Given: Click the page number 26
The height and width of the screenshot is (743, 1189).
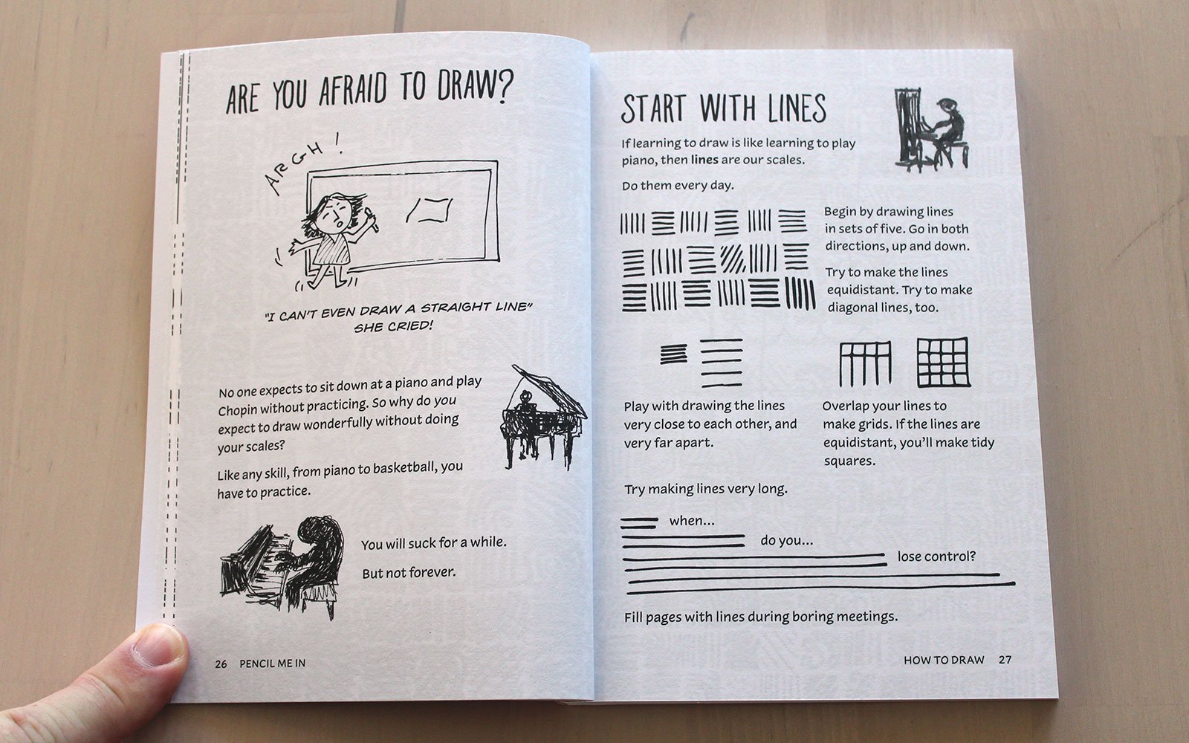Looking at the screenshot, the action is (221, 664).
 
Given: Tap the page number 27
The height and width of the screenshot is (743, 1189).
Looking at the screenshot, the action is (1005, 660).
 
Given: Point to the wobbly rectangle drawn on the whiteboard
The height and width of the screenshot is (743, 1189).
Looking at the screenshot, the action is (430, 211).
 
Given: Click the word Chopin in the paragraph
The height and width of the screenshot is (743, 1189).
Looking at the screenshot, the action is (237, 409).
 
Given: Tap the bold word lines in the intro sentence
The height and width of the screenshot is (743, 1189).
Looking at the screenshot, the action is (704, 160).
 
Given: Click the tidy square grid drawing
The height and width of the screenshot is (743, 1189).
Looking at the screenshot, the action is (943, 363).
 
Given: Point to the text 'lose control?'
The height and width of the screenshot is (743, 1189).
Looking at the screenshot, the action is (936, 557).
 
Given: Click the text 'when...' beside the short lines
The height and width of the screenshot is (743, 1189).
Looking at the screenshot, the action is (692, 521).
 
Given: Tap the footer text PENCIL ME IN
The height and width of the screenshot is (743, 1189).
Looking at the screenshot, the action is (272, 663).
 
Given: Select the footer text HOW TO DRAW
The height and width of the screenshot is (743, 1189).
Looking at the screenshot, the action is (944, 660).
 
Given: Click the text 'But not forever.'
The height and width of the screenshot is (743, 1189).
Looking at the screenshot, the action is (409, 573).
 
